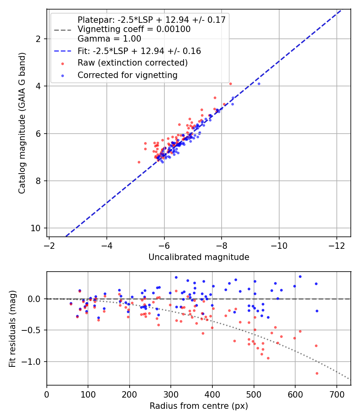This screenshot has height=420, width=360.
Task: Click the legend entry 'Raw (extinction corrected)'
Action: (132, 63)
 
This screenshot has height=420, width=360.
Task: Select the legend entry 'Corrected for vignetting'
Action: (127, 75)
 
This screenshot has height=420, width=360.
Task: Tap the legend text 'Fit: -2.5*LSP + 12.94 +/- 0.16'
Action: (139, 51)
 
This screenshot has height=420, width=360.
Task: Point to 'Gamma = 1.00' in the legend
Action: (109, 39)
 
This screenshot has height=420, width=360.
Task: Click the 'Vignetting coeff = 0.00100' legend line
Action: (134, 29)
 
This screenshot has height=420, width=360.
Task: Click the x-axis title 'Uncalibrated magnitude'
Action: (199, 257)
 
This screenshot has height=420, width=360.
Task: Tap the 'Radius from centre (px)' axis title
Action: (199, 406)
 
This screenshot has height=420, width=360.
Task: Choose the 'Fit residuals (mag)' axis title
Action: (12, 328)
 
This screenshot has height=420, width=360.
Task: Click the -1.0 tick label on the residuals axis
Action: (34, 362)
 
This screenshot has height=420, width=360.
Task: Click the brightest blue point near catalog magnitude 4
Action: (259, 84)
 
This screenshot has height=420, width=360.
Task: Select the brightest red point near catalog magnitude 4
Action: (230, 84)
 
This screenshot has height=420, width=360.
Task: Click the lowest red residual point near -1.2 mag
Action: (317, 373)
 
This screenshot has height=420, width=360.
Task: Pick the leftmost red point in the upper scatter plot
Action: (139, 162)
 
